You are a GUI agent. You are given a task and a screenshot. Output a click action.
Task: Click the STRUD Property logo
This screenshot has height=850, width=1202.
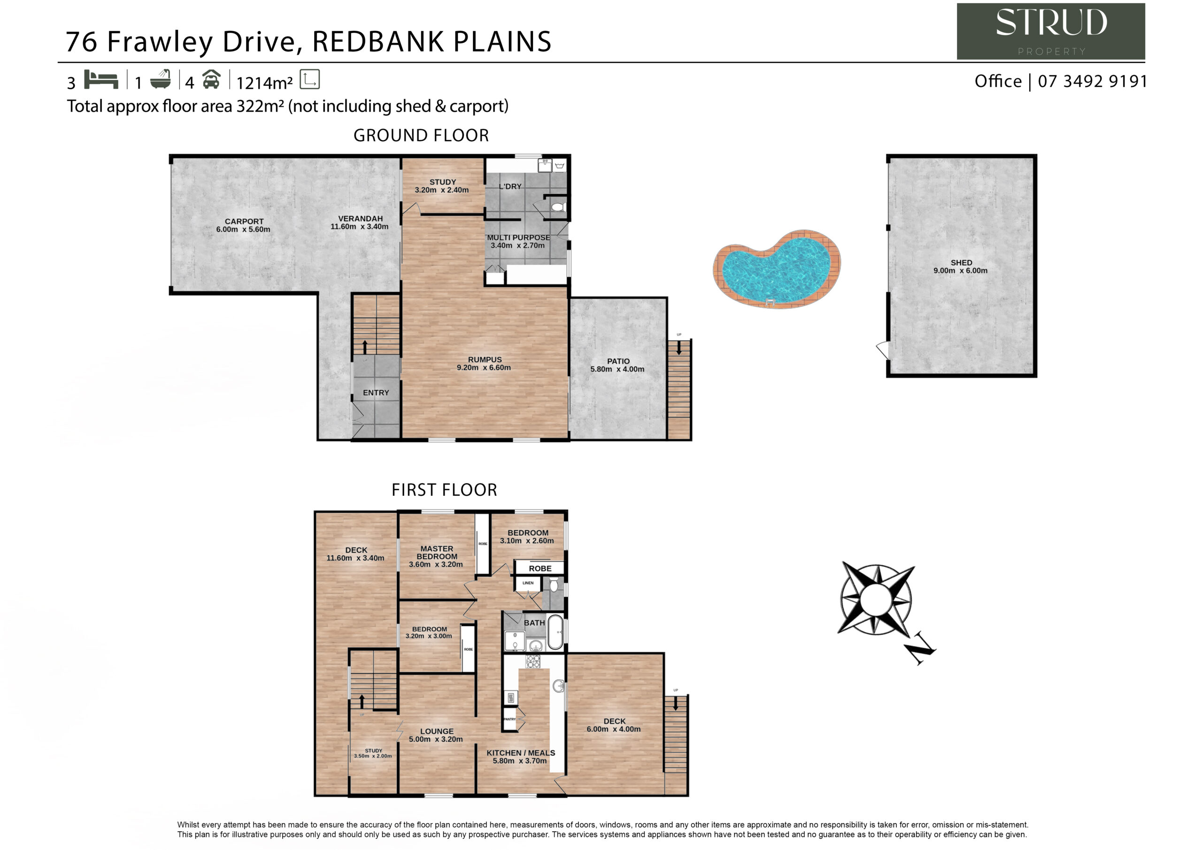coord(1051,31)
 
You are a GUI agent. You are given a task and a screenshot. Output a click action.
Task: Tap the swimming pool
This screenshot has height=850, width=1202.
coord(777,269)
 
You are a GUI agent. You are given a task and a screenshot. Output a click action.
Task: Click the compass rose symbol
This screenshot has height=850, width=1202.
coord(875,600)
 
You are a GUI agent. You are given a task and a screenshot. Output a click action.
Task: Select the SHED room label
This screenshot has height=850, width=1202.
coord(961,267)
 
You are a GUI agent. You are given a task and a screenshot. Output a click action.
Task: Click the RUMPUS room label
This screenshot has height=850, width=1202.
coord(484,363)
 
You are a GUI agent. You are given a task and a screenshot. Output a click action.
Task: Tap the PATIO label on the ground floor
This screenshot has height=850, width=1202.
coord(618,365)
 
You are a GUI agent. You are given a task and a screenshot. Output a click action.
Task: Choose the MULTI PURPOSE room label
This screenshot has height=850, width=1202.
coord(518,241)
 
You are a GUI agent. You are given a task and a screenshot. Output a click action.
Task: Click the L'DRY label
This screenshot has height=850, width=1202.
coord(510,186)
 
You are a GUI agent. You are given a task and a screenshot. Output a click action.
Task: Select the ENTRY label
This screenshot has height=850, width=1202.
coord(376,393)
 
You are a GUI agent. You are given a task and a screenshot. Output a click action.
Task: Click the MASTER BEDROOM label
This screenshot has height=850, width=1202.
coord(436,556)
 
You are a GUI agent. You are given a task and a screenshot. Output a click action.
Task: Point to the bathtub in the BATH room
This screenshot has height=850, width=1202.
coord(555,632)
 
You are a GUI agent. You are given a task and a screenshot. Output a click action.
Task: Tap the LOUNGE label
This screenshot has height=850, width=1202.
coord(436,735)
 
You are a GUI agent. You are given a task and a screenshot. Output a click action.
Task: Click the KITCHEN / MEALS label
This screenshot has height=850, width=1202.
coord(520,757)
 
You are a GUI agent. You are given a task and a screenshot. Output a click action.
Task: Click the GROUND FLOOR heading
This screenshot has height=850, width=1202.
coord(421,135)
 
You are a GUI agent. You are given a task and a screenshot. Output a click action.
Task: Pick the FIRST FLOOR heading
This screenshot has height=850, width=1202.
coord(444,490)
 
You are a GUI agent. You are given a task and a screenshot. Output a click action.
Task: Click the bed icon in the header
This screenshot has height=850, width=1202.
coord(101,80)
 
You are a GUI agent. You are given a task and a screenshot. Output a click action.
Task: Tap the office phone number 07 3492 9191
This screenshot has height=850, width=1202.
coord(1093,81)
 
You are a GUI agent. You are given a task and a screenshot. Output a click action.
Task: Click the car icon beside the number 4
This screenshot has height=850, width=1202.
coord(211,80)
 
